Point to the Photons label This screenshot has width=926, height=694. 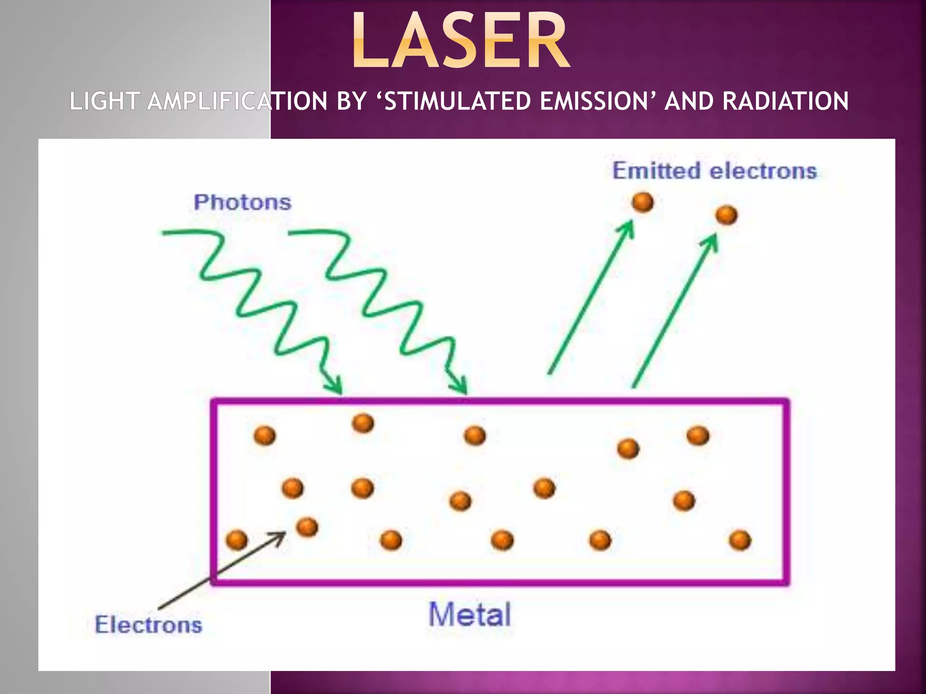[242, 202]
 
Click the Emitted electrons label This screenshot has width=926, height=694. [714, 171]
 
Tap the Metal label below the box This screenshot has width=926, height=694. [469, 614]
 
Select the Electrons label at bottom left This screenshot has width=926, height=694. [148, 625]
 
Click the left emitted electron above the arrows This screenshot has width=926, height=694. [643, 202]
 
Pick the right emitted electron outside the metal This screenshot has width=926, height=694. [726, 215]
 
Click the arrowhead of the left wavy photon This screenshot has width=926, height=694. [337, 389]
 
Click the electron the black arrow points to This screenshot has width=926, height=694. [307, 527]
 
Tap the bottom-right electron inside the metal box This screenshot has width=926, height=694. [740, 540]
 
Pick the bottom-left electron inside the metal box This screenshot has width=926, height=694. [236, 540]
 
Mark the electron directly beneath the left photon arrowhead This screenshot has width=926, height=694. [363, 423]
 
